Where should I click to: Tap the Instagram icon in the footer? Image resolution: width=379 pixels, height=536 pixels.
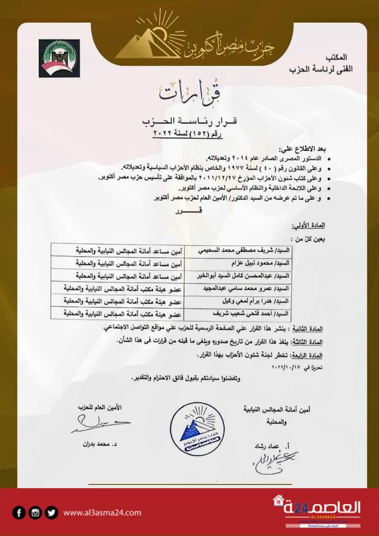click(x=35, y=512)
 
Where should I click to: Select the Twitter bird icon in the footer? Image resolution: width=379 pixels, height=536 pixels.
click(x=51, y=512)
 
